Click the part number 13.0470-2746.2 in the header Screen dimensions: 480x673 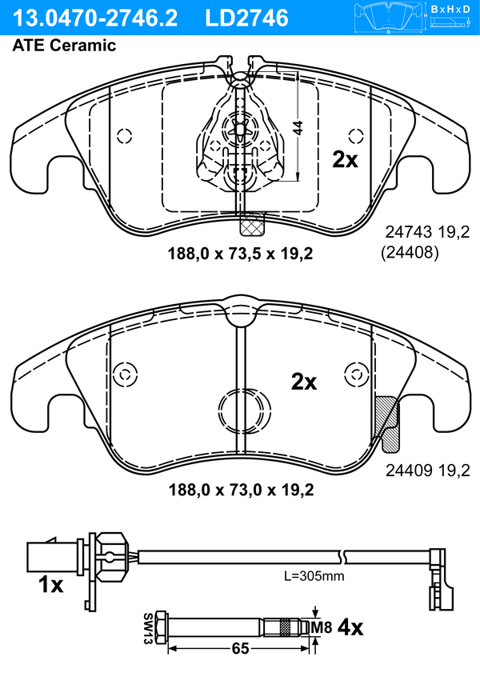point(95,18)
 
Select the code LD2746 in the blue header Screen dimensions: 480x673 point(247,18)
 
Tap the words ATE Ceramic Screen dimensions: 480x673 point(64,45)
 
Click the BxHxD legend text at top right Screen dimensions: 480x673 point(450,9)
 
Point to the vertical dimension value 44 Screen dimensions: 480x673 point(298,128)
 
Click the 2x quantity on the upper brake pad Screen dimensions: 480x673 point(346,160)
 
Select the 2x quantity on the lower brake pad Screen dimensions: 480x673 point(304,381)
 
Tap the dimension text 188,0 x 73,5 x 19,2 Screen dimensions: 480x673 point(240,254)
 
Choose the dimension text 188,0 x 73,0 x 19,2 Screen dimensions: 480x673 point(241,490)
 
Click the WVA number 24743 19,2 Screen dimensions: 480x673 point(427,232)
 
